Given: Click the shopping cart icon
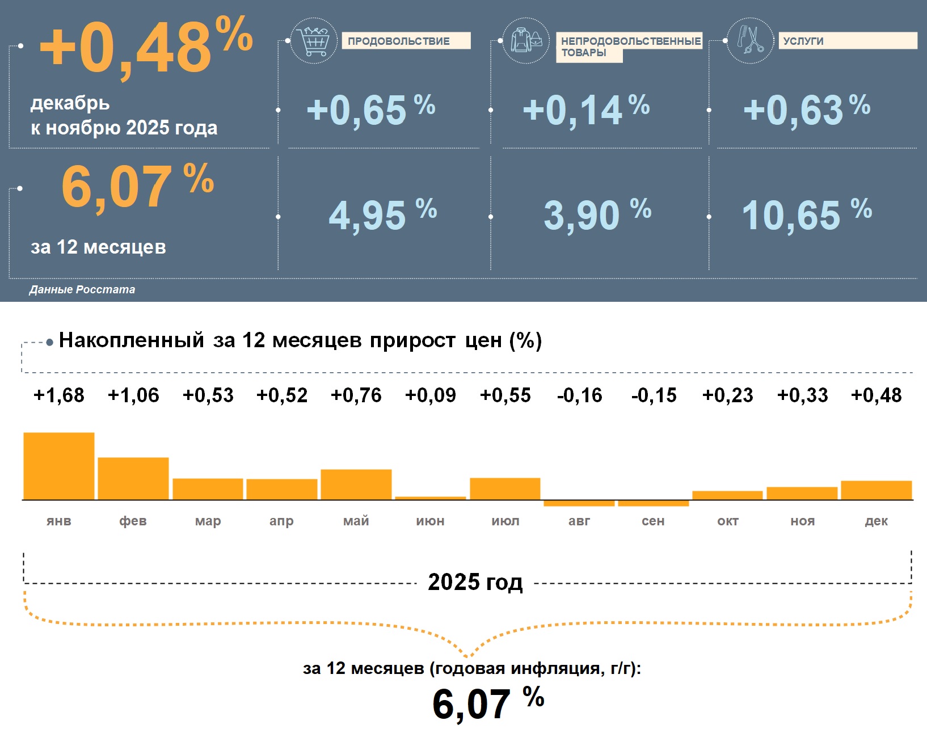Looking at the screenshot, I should pos(313,40).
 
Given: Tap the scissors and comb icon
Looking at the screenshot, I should pos(750,40).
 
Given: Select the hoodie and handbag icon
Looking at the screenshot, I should pos(526,40).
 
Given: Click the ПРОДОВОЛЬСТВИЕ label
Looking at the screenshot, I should pos(399,41).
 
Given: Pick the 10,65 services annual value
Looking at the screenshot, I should pos(791,216).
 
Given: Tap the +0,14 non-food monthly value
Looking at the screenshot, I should pos(573,110).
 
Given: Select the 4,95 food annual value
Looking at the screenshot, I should pos(368,216).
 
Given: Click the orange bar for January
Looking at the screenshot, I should pos(59,466).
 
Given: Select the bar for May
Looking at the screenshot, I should pos(356,484).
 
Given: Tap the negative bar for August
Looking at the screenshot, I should pos(579,503).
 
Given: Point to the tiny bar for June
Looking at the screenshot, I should pos(431,498).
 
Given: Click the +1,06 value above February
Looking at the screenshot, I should pos(133,395).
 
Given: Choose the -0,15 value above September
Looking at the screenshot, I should pos(654,395).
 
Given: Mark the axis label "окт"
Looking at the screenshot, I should pos(728,521).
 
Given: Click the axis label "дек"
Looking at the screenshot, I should pos(877,521).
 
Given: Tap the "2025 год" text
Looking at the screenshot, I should pos(475,583).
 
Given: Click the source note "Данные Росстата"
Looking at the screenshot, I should pos(82,289).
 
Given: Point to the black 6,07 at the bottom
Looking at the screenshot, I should pos(471,704).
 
